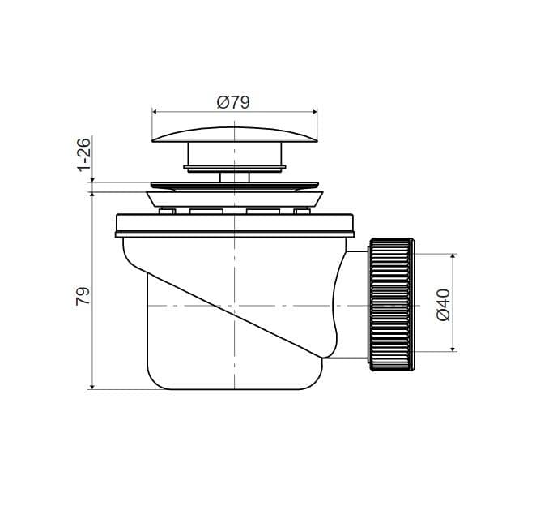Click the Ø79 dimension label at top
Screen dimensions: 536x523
[x=233, y=102]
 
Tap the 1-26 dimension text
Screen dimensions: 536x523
[x=83, y=154]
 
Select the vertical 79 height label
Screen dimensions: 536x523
[x=83, y=296]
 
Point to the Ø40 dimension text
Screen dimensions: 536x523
[x=444, y=305]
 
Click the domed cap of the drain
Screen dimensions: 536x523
[x=235, y=135]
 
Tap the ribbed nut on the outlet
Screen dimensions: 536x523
[x=392, y=305]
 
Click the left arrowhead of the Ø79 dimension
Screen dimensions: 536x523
[x=154, y=112]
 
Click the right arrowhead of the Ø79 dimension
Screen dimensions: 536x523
[x=315, y=112]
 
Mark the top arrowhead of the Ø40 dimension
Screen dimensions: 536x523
[x=453, y=257]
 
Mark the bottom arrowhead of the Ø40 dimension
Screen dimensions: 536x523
[x=453, y=349]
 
